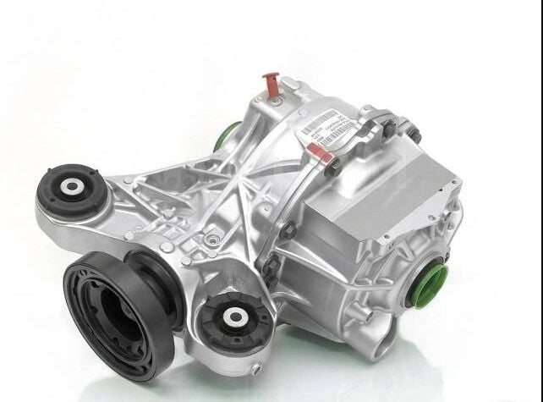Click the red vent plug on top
tap(271, 83)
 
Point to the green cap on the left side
tap(227, 136)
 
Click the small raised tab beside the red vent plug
tap(288, 84)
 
